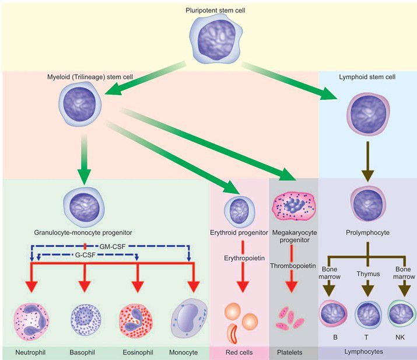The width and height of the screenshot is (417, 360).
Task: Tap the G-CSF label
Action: [x=87, y=255]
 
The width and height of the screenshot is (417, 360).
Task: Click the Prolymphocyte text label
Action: [x=367, y=232]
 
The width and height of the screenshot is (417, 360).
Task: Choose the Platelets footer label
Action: [x=293, y=352]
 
